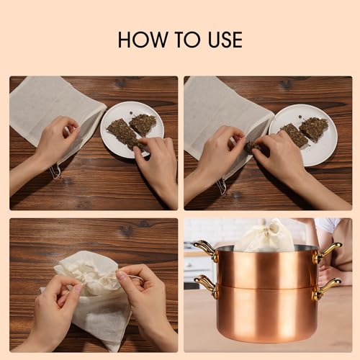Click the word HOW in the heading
pos(143,40)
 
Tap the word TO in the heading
pos(187,40)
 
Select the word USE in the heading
pos(225,40)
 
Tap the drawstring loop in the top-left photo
pos(55,171)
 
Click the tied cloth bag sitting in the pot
pos(265,236)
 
